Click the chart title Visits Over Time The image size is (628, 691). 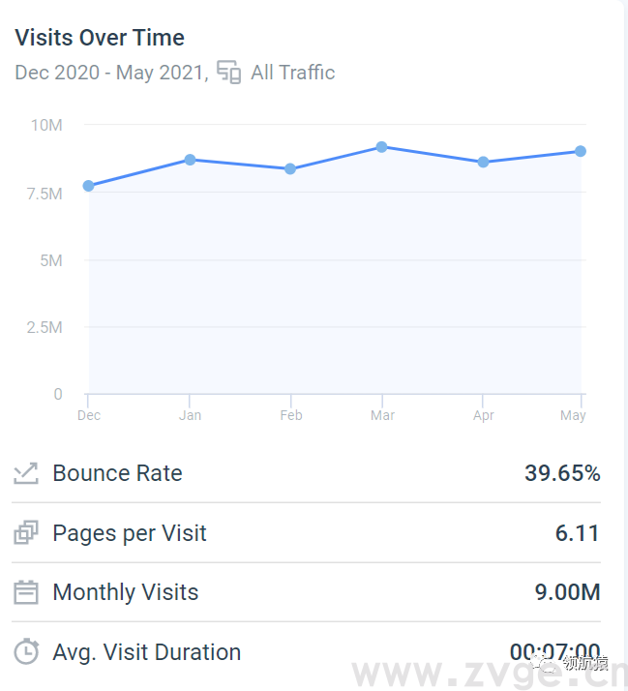tap(100, 38)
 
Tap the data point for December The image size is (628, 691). tap(89, 186)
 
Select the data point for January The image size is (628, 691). tap(191, 160)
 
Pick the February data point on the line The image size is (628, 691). tap(290, 169)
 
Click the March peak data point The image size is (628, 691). tap(382, 147)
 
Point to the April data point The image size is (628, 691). tap(483, 162)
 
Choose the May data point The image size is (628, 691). tap(581, 151)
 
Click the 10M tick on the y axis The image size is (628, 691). tap(46, 125)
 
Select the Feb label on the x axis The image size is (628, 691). tap(291, 416)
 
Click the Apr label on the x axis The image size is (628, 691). tap(484, 416)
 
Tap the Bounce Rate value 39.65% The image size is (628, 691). tap(562, 473)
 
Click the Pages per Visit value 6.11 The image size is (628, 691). tap(578, 533)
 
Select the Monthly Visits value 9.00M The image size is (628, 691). tap(568, 592)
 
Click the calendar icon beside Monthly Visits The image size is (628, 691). tap(26, 592)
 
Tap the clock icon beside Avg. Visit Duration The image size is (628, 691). tap(26, 651)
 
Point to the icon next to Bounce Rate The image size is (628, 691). tap(26, 473)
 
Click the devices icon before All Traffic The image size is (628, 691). tap(229, 73)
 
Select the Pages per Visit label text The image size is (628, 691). tap(130, 533)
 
